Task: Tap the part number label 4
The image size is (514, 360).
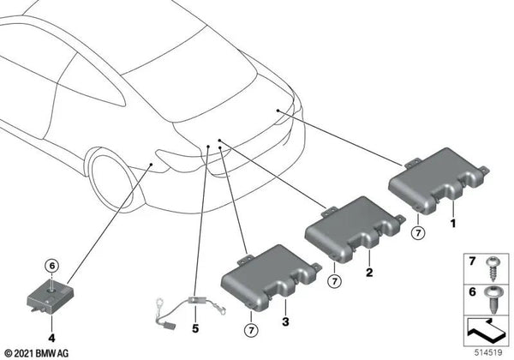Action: pyautogui.click(x=51, y=324)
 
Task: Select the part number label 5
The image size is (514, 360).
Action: pyautogui.click(x=194, y=327)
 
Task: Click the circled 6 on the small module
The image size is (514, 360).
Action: pyautogui.click(x=51, y=267)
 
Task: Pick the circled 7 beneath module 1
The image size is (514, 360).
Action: pyautogui.click(x=417, y=231)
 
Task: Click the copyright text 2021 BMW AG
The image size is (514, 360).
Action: pyautogui.click(x=40, y=352)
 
